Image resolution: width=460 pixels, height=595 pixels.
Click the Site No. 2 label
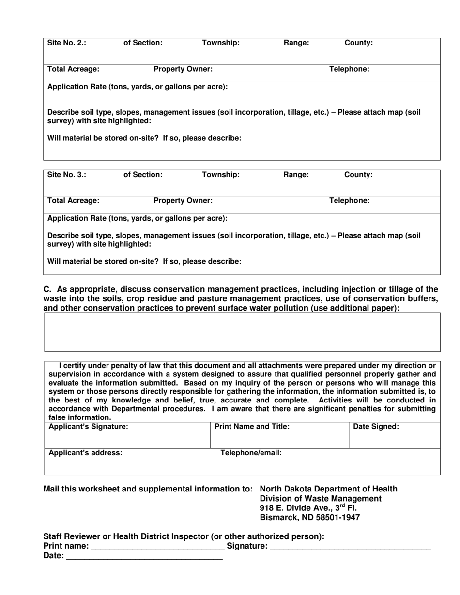67,43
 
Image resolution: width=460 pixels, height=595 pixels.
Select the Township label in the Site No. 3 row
220,174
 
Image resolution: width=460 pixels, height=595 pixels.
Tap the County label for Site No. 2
358,43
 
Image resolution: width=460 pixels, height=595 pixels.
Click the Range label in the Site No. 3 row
296,174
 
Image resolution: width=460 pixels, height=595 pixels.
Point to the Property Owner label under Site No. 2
183,69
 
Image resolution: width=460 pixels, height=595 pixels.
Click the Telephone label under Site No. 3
349,200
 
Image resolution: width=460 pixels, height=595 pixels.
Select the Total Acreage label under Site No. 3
73,200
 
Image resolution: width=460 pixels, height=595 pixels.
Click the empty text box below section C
242,332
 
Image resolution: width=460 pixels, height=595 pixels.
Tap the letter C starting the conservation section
47,289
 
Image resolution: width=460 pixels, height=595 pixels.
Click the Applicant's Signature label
89,426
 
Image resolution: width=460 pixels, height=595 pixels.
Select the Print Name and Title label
252,426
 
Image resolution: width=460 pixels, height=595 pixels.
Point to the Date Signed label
376,426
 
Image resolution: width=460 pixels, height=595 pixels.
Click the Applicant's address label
86,453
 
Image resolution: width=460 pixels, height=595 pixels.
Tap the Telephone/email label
251,453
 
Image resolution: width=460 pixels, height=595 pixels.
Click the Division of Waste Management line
321,498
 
